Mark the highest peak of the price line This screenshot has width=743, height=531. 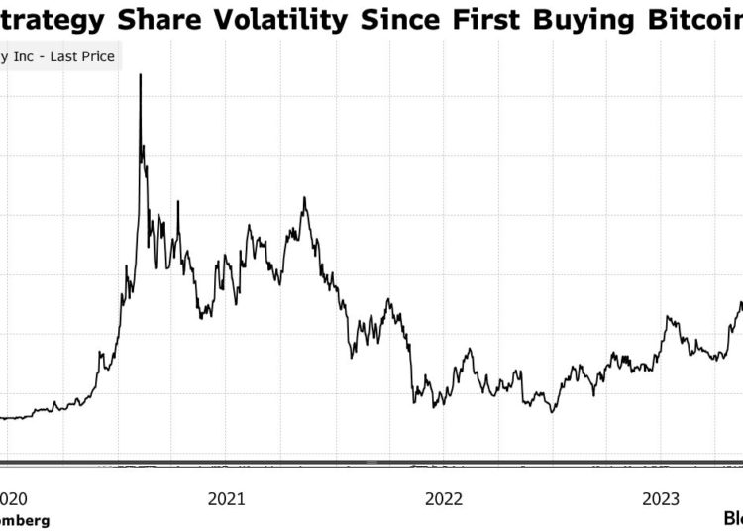(x=140, y=75)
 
